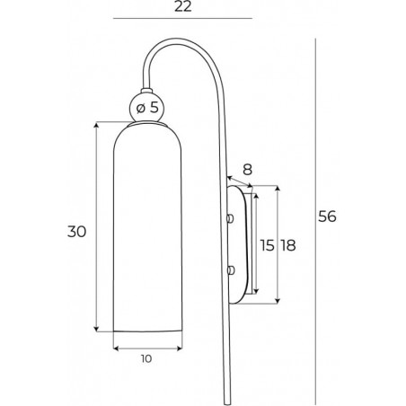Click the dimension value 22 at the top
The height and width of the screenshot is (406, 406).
click(x=183, y=6)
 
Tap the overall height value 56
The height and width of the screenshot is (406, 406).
click(x=327, y=216)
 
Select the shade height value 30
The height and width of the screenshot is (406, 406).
click(x=76, y=232)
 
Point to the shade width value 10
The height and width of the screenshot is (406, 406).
click(x=146, y=358)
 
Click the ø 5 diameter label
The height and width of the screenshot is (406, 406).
click(x=147, y=108)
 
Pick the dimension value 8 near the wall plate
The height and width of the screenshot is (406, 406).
click(x=247, y=170)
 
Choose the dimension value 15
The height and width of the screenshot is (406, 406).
click(x=267, y=245)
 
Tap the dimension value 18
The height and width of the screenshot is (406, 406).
click(x=288, y=245)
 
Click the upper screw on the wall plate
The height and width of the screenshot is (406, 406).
click(x=230, y=218)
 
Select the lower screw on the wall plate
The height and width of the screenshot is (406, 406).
click(x=230, y=270)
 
